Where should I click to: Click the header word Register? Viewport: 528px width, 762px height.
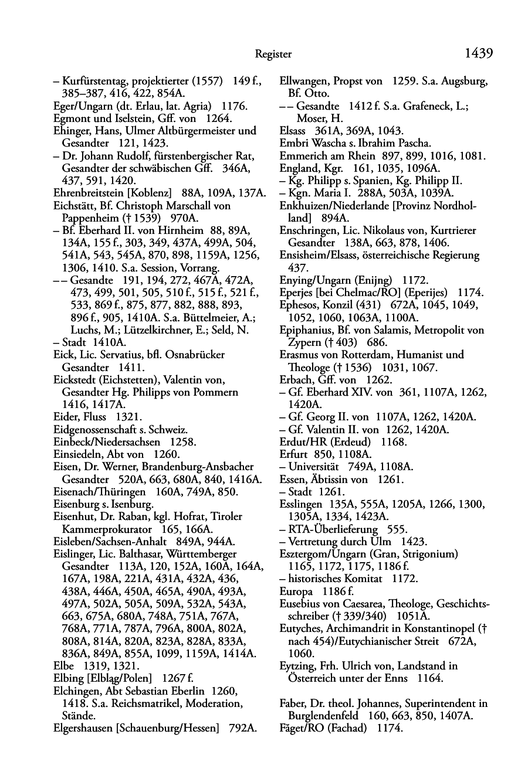click(273, 55)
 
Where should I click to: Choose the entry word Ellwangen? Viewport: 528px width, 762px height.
click(304, 81)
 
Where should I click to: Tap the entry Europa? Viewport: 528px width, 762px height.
click(296, 591)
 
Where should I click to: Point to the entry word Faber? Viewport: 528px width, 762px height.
click(293, 703)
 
